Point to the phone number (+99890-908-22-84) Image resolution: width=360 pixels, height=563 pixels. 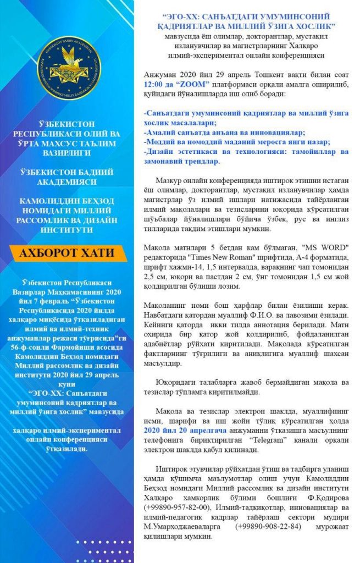pos(268,527)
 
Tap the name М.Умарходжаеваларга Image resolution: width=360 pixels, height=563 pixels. pos(182,527)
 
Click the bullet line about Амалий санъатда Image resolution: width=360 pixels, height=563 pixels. pos(225,132)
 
